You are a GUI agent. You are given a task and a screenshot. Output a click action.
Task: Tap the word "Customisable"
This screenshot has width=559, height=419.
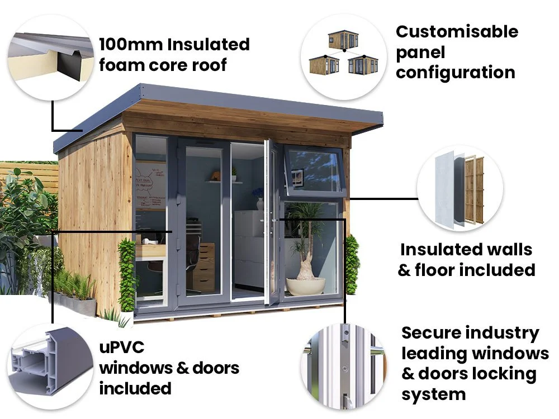point(457,32)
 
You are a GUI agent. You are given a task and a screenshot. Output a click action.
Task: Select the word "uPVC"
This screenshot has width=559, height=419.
point(121,347)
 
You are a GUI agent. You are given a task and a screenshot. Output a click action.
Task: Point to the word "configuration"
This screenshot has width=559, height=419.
point(456,73)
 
